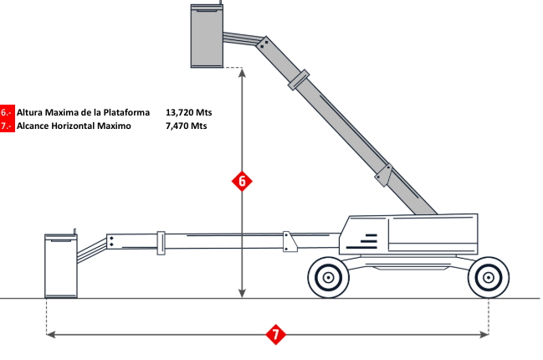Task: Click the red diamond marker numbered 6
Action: (241, 181)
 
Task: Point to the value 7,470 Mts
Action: (187, 126)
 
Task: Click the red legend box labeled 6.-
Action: (8, 111)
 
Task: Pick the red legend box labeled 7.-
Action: (8, 126)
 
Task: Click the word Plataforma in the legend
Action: (121, 111)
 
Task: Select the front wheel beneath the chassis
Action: (328, 275)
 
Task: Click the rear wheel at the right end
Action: (487, 275)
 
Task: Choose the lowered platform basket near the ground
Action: (60, 265)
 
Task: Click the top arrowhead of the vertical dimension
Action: (241, 73)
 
